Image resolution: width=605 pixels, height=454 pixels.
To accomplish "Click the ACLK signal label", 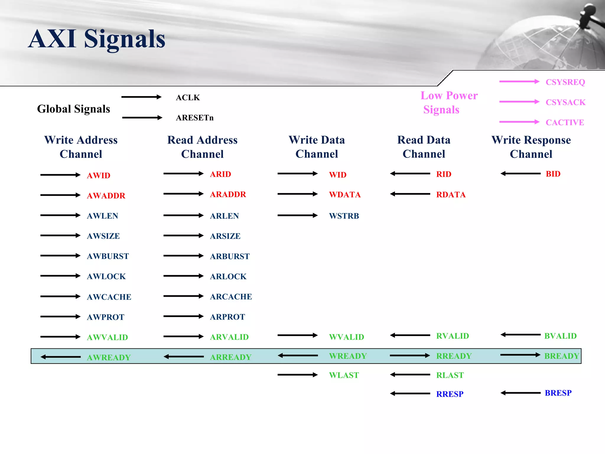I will click(188, 98).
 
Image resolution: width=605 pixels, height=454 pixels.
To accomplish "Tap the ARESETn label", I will click(194, 118).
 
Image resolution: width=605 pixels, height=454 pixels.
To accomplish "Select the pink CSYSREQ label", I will click(565, 82).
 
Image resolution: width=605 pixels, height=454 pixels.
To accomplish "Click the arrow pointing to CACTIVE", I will click(519, 122).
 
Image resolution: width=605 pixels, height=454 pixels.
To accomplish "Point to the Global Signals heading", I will click(73, 109).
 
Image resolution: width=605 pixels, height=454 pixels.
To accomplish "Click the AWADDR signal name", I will click(106, 195).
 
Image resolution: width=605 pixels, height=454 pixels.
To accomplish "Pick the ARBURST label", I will click(230, 256).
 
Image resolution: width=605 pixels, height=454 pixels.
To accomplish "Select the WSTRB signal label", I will click(344, 216).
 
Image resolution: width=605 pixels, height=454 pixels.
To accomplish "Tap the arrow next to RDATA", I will click(410, 194).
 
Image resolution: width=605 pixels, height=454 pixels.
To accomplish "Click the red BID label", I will click(553, 174).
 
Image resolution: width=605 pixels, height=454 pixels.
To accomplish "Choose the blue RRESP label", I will click(450, 394).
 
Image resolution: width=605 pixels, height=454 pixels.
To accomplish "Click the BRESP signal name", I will click(558, 393).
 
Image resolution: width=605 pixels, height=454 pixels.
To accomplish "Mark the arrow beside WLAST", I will click(297, 375).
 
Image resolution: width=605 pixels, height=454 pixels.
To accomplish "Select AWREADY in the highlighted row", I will click(108, 357).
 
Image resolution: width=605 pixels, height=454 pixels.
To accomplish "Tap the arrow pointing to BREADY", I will click(520, 355).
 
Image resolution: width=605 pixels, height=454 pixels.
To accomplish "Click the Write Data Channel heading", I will click(317, 147).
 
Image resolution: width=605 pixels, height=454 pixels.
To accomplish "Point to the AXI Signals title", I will click(97, 39).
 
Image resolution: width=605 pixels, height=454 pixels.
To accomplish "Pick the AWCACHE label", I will click(109, 297).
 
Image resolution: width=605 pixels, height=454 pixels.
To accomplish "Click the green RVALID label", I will click(452, 336).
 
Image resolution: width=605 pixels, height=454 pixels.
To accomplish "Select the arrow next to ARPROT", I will click(183, 316).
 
